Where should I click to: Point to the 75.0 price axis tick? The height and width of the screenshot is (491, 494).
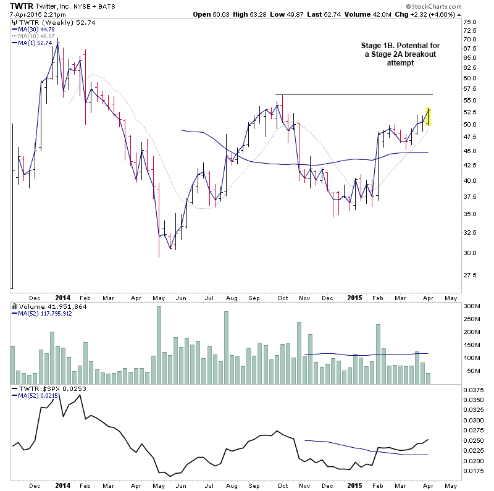coord(470,22)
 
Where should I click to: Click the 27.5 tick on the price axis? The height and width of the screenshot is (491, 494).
coord(470,274)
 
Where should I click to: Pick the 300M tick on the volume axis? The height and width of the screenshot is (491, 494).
coord(471,306)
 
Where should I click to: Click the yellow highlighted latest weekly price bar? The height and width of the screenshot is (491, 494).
coord(429,117)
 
